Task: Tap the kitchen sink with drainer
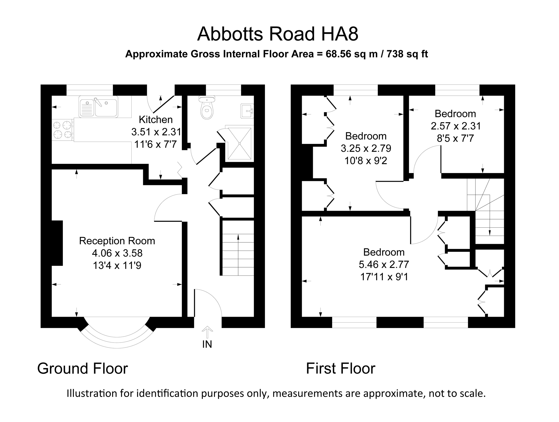98,106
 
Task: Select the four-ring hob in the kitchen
62,130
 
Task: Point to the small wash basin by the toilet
247,111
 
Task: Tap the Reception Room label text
117,241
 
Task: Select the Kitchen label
156,119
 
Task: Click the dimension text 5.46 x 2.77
384,264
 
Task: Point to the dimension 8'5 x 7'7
455,138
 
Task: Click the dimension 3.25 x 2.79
366,148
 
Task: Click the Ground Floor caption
83,369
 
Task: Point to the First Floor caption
341,369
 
